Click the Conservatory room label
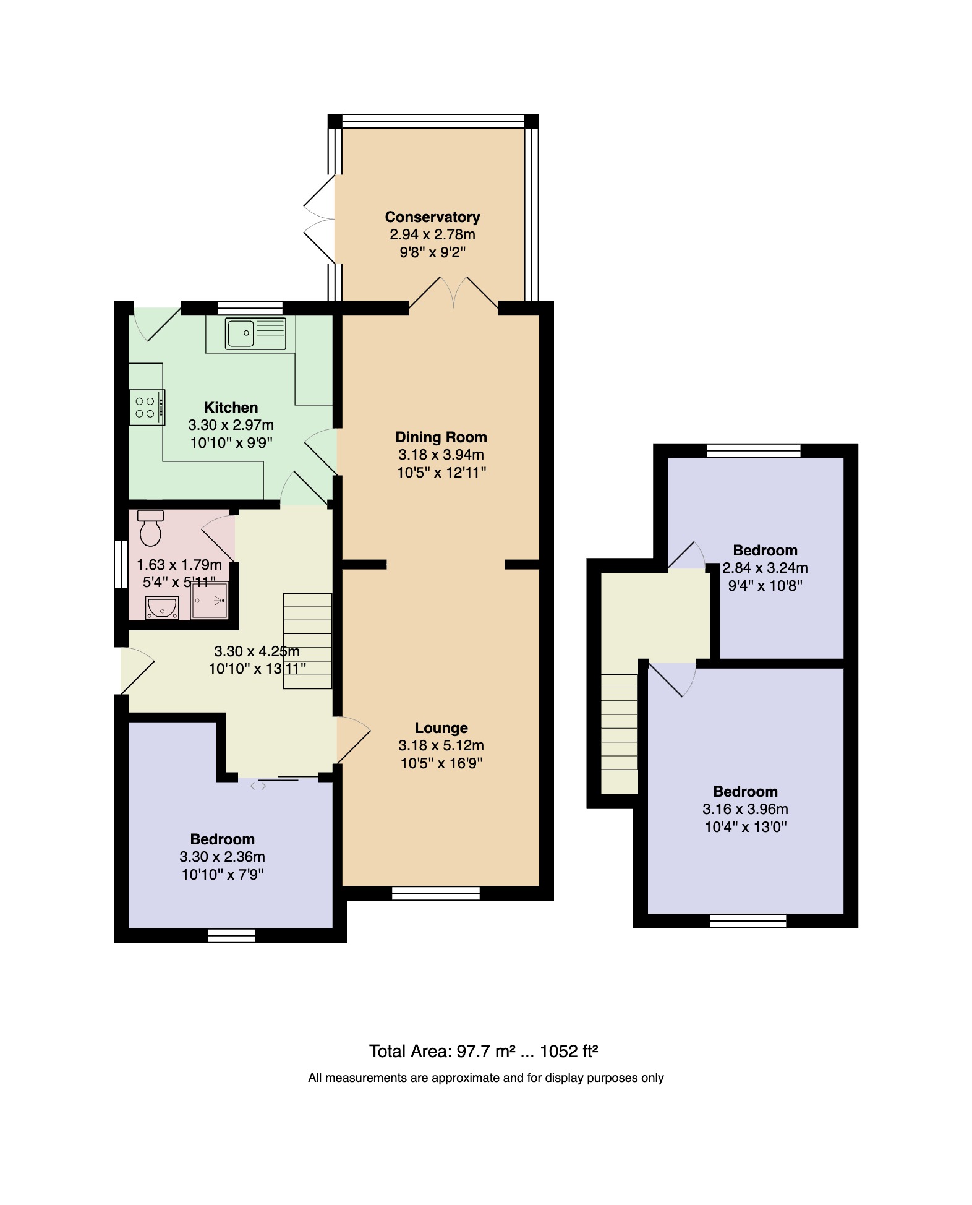click(x=432, y=217)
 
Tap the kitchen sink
click(x=255, y=333)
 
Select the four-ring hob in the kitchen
click(x=147, y=408)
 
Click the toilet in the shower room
click(x=151, y=528)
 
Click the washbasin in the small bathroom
click(x=162, y=608)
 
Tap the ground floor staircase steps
click(x=307, y=641)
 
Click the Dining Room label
click(x=441, y=437)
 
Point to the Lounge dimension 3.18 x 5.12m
click(x=441, y=745)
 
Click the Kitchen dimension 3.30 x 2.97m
click(x=231, y=425)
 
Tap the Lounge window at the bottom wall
click(x=436, y=893)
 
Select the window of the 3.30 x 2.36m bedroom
click(x=231, y=935)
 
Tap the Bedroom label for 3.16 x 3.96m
click(x=745, y=791)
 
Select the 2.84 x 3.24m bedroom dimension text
click(x=765, y=568)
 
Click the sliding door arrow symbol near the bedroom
click(x=258, y=786)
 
